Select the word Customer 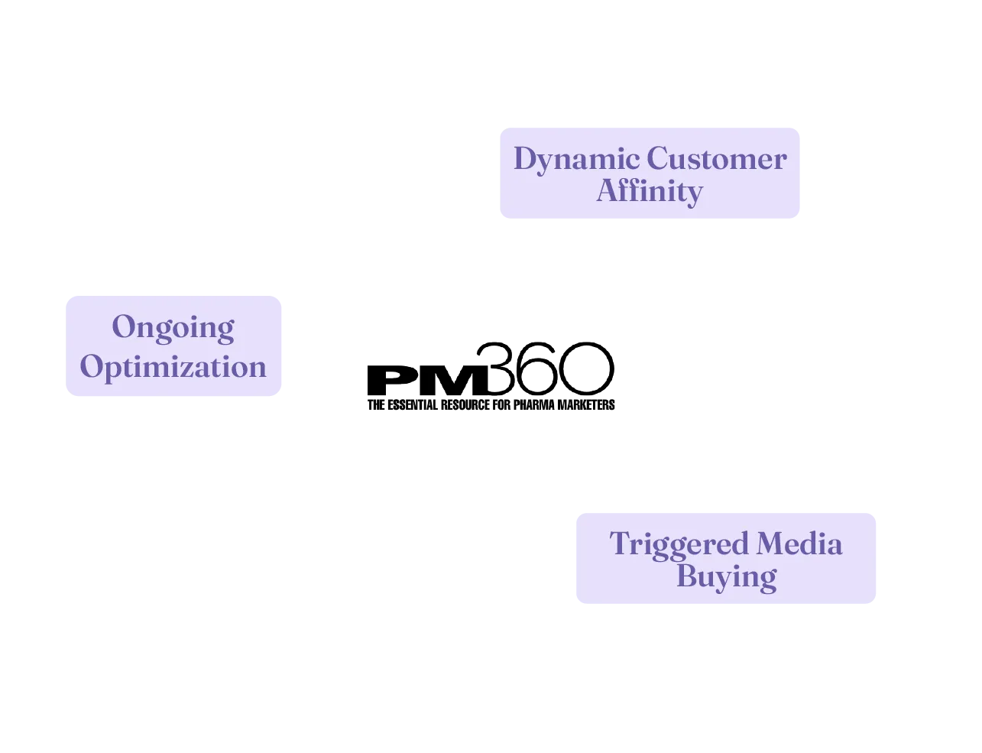pos(716,159)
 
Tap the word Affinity pos(649,191)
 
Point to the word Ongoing pos(173,327)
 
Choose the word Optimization pos(173,366)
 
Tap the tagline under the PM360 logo pos(491,404)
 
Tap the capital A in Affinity pos(608,190)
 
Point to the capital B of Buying pos(687,576)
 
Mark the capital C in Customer pos(657,159)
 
